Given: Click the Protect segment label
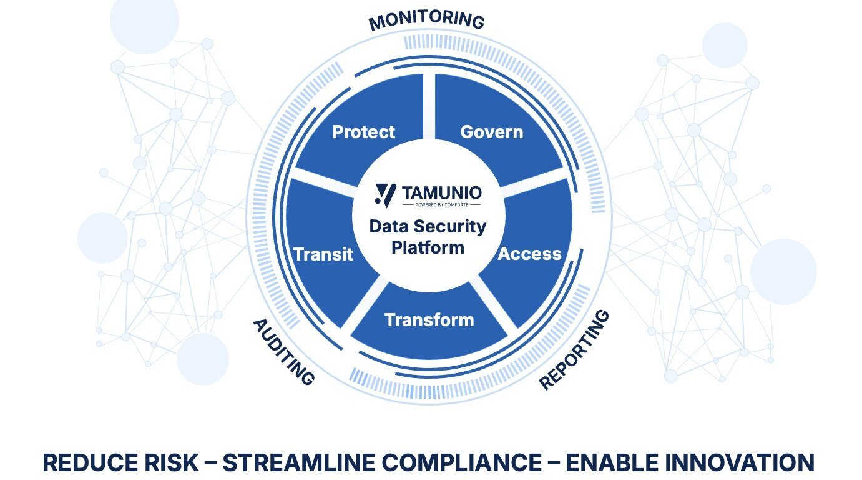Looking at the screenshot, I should click(x=363, y=132).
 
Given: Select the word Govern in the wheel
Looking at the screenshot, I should click(x=491, y=132).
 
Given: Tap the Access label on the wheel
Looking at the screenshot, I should click(x=529, y=254).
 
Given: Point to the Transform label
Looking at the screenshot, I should click(x=429, y=320).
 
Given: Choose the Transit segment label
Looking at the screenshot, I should click(x=323, y=254).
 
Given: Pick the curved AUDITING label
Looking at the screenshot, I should click(x=283, y=351).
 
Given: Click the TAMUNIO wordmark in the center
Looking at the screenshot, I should click(x=441, y=192).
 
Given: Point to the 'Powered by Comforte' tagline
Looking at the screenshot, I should click(x=441, y=204).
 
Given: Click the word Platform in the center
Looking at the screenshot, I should click(x=428, y=247).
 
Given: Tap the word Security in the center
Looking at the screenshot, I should click(x=446, y=226).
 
